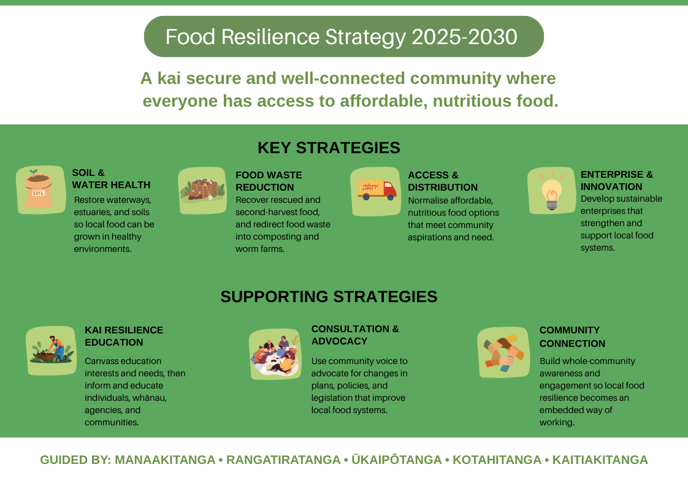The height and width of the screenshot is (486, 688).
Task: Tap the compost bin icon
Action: point(202,191)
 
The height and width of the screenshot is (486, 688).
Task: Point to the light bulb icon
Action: point(551,191)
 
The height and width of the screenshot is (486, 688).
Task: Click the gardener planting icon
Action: point(52,351)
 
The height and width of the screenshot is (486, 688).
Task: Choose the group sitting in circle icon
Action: point(275,354)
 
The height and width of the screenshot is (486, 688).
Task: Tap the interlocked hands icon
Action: point(503,352)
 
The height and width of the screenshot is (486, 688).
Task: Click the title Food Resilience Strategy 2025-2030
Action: point(342,37)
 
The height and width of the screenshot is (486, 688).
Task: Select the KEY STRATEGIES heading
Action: point(329,148)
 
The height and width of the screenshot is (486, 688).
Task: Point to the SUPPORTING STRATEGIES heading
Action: point(329,297)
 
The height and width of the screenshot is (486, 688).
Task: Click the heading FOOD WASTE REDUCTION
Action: point(269,181)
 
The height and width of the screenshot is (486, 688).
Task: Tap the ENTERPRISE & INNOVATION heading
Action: point(616,180)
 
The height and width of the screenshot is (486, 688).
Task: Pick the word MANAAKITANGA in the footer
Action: point(165,460)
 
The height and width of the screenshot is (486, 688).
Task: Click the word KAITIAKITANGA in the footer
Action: point(600,460)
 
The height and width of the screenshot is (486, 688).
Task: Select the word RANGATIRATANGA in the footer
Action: point(283,460)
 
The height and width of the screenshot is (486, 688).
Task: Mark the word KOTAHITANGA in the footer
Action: point(497,460)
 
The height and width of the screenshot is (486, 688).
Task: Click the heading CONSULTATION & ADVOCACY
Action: point(355,335)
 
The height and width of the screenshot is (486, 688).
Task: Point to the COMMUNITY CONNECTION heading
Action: point(572,337)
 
